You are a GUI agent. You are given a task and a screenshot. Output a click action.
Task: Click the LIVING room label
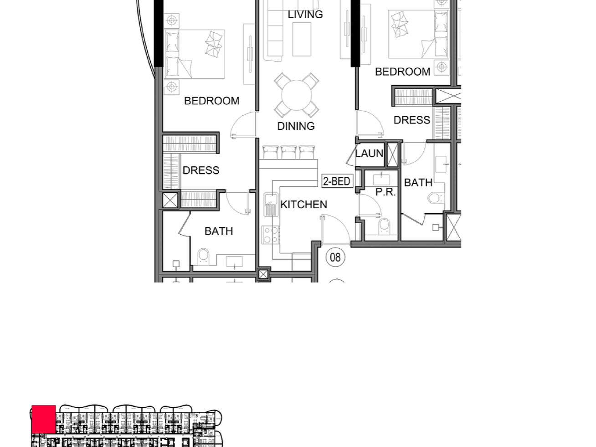(305, 15)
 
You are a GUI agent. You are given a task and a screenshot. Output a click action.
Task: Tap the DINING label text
(296, 126)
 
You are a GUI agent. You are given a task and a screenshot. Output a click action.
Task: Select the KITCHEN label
(303, 205)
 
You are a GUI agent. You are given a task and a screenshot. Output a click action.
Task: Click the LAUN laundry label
(369, 154)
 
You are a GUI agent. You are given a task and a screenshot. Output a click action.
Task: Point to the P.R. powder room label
(385, 192)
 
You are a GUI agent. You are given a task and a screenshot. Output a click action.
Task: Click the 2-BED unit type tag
(337, 181)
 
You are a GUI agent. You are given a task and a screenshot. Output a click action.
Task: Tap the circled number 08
(335, 257)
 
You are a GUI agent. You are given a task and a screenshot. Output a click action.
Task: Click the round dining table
(297, 95)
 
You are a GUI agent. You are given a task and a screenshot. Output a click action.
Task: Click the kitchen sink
(271, 204)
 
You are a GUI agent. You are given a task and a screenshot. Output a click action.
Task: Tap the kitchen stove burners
(271, 235)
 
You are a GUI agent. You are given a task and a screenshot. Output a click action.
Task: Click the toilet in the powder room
(384, 226)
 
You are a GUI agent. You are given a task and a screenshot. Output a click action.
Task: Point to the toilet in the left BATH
(203, 257)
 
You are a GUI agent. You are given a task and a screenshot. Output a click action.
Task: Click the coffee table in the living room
(302, 39)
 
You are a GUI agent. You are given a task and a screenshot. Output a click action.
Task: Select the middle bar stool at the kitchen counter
(288, 152)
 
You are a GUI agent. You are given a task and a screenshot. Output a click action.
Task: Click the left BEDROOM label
(212, 101)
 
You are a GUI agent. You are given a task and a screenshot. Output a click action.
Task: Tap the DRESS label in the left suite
(201, 170)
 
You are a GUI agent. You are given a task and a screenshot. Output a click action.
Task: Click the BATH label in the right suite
(418, 183)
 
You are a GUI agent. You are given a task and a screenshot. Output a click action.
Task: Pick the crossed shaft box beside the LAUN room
(392, 155)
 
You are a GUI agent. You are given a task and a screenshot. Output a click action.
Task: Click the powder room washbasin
(381, 180)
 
